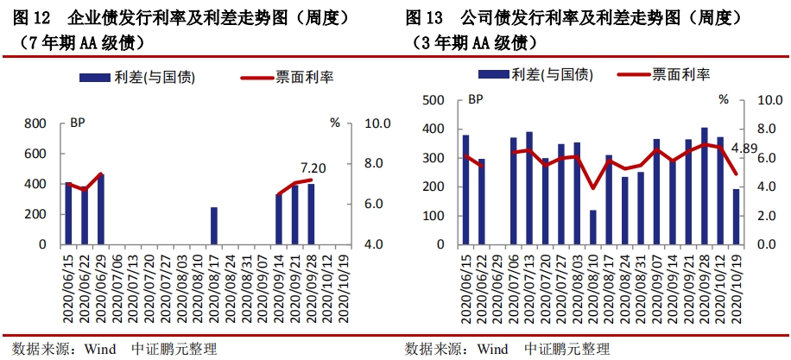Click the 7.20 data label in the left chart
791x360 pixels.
coord(312,168)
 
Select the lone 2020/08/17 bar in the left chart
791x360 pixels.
coord(214,226)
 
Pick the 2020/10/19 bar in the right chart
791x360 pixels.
coord(736,217)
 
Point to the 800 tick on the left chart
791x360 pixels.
coord(34,123)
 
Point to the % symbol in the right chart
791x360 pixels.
coord(723,100)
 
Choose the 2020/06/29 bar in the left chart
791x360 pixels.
coord(101,210)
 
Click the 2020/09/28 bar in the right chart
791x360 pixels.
coord(705,186)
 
